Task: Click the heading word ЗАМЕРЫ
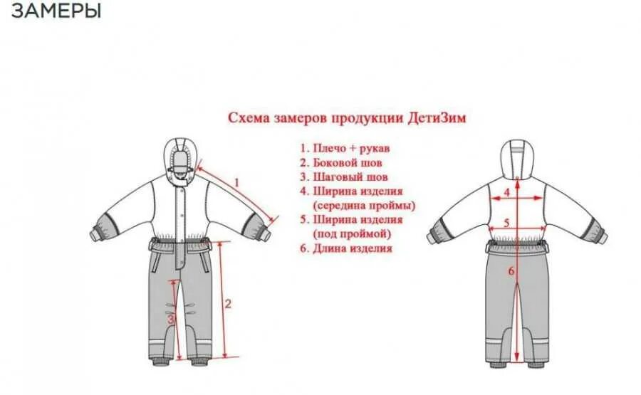coord(56,12)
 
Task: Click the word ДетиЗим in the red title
coord(437,117)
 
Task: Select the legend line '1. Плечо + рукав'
coord(345,149)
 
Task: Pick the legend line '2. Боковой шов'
coord(341,163)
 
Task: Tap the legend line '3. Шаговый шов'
coord(343,177)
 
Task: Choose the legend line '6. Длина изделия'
coord(345,248)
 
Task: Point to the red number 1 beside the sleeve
coord(237,182)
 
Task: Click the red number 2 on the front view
coord(228,304)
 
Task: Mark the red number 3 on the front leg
coord(171,320)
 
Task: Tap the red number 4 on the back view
coord(507,192)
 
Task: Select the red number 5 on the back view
coord(506,223)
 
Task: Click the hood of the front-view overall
coord(182,158)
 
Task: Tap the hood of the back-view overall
coord(517,159)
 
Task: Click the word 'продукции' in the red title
coord(368,117)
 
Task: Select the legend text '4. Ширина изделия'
coord(351,191)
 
